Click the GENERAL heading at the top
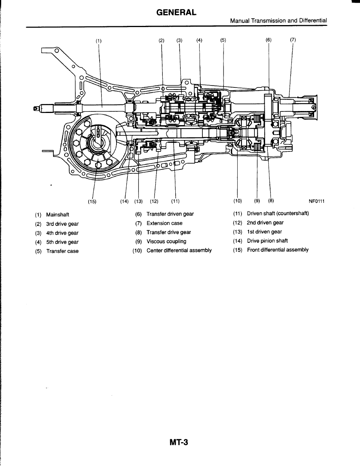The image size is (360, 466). (x=176, y=13)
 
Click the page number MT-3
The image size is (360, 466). (x=179, y=442)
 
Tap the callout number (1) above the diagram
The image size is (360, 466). (x=98, y=40)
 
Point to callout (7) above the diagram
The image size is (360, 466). (x=293, y=40)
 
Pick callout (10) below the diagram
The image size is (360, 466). (x=237, y=201)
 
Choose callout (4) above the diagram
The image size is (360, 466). (x=199, y=40)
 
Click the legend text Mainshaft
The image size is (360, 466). (x=58, y=215)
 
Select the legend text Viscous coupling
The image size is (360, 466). (x=166, y=242)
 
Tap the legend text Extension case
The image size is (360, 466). (x=164, y=223)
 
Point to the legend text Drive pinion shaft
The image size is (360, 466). (x=267, y=241)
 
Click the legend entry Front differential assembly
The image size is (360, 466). (x=278, y=250)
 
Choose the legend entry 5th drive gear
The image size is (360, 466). (x=62, y=242)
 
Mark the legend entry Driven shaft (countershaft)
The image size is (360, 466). (x=278, y=213)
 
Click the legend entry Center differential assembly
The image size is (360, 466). (x=179, y=251)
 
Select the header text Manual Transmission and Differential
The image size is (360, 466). (x=278, y=20)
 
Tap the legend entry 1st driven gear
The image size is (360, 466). (x=264, y=232)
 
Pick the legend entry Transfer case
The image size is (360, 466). (x=62, y=251)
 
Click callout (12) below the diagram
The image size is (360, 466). (x=154, y=202)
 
